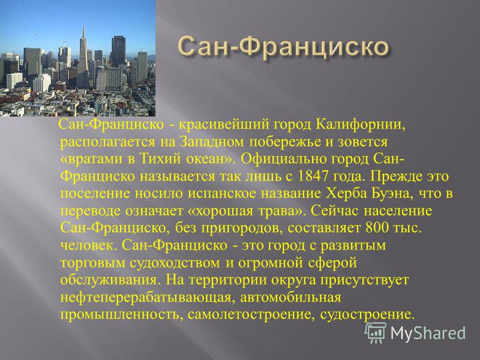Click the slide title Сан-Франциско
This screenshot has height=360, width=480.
[x=283, y=47]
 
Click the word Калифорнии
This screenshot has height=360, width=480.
[x=361, y=125]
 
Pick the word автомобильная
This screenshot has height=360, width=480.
[x=290, y=297]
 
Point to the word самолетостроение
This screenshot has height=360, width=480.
[x=251, y=315]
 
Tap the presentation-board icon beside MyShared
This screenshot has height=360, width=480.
[x=376, y=332]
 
